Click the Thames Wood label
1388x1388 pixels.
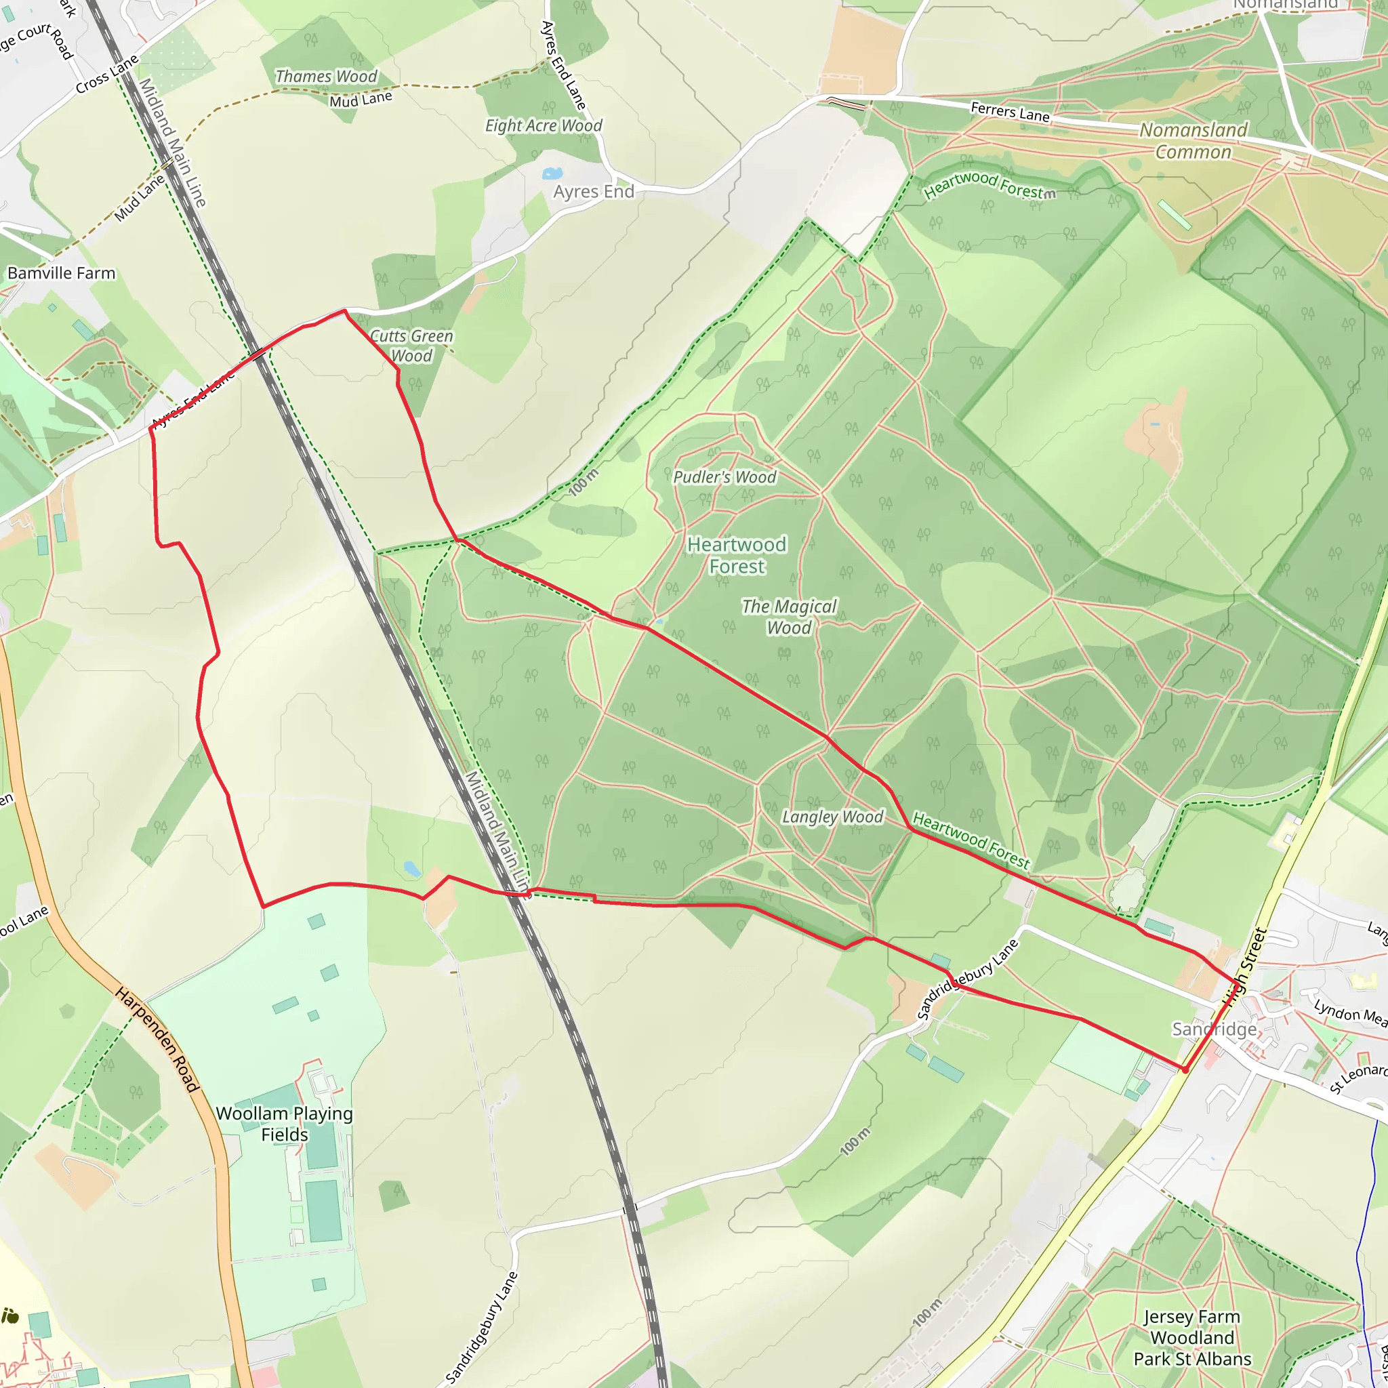[326, 76]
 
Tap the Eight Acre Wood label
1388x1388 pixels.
[543, 126]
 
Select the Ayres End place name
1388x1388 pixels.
[594, 192]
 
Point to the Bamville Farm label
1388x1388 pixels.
[61, 273]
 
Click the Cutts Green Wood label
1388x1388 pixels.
[411, 346]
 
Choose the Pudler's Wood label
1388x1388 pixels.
[724, 477]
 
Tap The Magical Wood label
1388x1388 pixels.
[789, 617]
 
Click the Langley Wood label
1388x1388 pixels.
[832, 817]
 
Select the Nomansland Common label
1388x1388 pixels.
[1193, 141]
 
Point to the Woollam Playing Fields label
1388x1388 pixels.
[285, 1124]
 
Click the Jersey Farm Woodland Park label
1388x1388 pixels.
[1192, 1338]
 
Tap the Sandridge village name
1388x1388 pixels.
[1214, 1029]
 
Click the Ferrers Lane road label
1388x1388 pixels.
[1009, 111]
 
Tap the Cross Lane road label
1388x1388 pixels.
[107, 75]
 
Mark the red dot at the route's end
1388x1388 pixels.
[1185, 1069]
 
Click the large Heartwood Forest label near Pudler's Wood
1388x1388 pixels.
[737, 555]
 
